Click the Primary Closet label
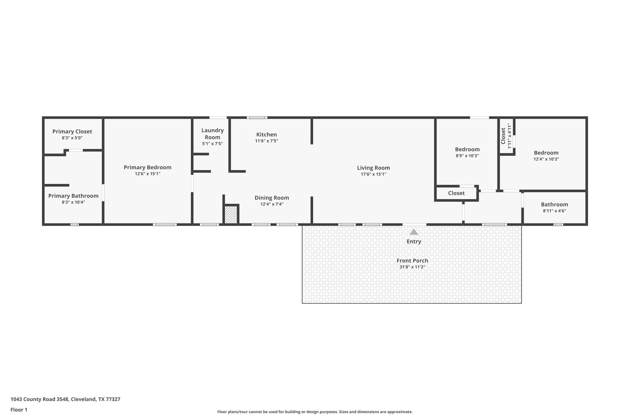tap(72, 131)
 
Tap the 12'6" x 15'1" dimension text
tap(147, 174)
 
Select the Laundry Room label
tap(212, 134)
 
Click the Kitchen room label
tap(266, 134)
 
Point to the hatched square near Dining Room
tap(231, 215)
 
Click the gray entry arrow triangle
tap(414, 232)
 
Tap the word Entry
tap(414, 242)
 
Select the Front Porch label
tap(412, 261)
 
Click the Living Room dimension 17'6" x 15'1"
tap(373, 174)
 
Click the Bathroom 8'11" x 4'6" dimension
tap(554, 211)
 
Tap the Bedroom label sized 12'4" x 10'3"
tap(546, 153)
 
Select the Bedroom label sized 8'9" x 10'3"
tap(467, 150)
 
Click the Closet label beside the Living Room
tap(456, 193)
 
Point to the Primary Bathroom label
tap(73, 196)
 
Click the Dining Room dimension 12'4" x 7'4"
tap(272, 204)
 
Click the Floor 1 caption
tap(19, 410)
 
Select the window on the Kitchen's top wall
tap(257, 118)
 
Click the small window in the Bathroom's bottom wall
tap(558, 225)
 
